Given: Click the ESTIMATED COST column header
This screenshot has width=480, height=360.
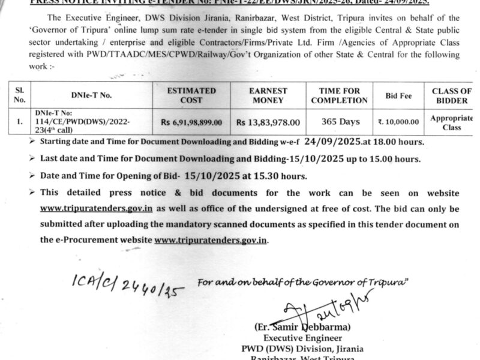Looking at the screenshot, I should pyautogui.click(x=192, y=95).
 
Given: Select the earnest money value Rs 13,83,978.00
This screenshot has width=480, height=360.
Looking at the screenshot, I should pyautogui.click(x=267, y=122).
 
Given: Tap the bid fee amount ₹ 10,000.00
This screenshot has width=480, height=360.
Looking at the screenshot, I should pyautogui.click(x=398, y=122).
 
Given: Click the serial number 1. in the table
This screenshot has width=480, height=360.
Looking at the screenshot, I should pyautogui.click(x=20, y=122).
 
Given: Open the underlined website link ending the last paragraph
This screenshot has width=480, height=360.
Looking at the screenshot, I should pyautogui.click(x=211, y=239).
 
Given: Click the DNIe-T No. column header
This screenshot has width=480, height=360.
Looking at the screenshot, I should pyautogui.click(x=91, y=95).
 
